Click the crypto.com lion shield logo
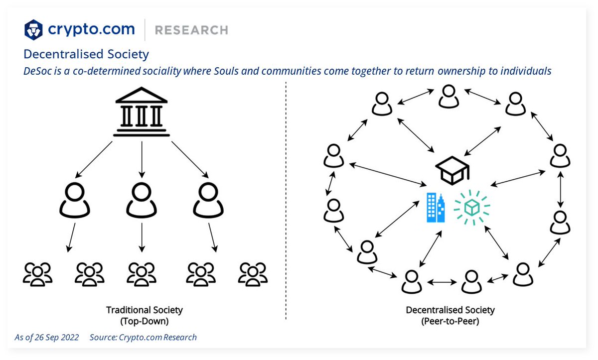pos(34,30)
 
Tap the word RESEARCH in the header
pos(191,30)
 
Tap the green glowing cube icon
pos(471,207)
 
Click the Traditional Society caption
pos(145,310)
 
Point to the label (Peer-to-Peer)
pos(450,321)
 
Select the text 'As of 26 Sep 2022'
pos(47,337)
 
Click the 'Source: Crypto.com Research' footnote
pos(143,337)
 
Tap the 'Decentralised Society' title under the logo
pos(86,54)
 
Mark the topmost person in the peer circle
pos(448,96)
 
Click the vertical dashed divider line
pos(286,199)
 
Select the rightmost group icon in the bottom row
pos(253,274)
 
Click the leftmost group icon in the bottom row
pos(37,274)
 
